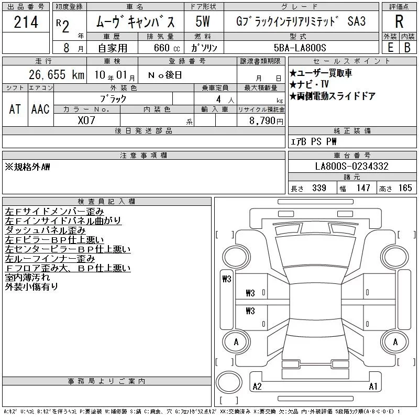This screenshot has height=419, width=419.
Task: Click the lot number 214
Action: [26, 22]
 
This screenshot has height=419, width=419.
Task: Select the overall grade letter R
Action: [399, 21]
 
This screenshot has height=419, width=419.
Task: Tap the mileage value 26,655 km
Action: [57, 74]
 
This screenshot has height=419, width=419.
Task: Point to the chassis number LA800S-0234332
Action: [351, 166]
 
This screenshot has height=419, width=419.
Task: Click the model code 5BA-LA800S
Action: [300, 48]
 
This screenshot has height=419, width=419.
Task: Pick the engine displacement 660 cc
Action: [167, 48]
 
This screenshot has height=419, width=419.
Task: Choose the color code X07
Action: [86, 120]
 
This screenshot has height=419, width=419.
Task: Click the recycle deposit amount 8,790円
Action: [266, 120]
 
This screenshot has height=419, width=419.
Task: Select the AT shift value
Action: [15, 109]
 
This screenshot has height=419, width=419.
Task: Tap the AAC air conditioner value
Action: [40, 109]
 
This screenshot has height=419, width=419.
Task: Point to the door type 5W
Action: [203, 21]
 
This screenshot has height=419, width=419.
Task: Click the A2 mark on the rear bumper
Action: [257, 387]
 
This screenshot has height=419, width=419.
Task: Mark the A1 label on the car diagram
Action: [373, 387]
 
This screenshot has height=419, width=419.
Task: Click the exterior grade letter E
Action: [390, 48]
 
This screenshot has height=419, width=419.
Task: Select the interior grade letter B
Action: [407, 48]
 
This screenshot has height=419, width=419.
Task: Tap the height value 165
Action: [405, 188]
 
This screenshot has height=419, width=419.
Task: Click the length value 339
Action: [319, 188]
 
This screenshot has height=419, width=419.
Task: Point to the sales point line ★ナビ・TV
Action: [309, 84]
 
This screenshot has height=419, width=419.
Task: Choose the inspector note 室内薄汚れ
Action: [27, 278]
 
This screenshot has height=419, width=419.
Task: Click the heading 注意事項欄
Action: [144, 155]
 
